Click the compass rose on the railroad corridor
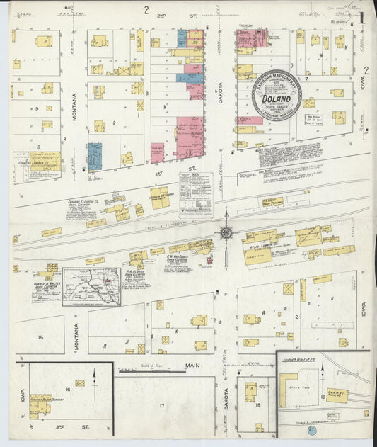(226, 232)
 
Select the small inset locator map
(91, 286)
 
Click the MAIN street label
(192, 366)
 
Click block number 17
(161, 405)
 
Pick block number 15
(41, 337)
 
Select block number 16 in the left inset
(68, 390)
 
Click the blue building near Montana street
(95, 156)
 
